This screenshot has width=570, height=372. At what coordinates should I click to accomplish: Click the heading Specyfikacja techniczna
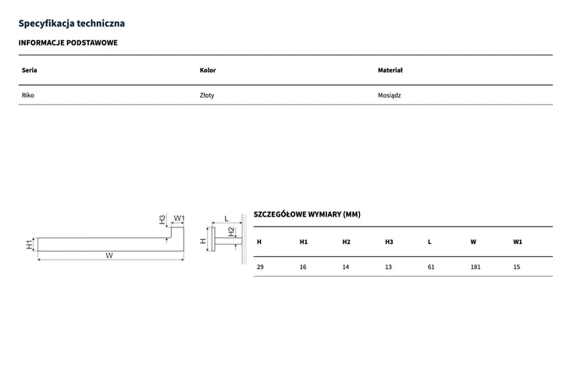72,23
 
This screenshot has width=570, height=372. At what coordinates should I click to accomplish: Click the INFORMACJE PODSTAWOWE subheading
68,42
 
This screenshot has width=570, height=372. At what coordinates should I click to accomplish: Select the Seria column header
29,70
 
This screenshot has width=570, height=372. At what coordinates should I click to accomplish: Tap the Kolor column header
208,70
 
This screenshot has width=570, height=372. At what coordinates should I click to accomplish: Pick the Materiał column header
390,70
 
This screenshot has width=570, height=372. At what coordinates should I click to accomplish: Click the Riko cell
27,95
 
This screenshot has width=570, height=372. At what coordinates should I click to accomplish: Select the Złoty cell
207,95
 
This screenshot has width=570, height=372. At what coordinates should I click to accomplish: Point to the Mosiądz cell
389,95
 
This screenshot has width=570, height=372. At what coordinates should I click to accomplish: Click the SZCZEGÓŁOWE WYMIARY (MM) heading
307,214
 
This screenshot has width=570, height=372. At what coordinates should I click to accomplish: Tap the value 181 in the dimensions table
475,266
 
